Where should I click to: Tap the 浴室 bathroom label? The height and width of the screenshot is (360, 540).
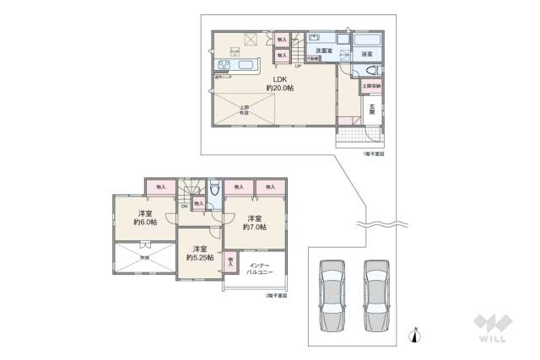[368, 54]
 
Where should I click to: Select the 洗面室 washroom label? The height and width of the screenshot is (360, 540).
[323, 51]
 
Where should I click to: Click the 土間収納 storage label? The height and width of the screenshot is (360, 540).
[371, 86]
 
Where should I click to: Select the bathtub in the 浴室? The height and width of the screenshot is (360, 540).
[367, 40]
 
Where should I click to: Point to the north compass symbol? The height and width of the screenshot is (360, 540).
[413, 336]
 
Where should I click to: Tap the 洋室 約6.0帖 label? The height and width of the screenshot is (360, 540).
[145, 218]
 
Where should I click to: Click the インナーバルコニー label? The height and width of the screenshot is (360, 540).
[257, 270]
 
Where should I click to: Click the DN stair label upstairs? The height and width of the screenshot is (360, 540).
[184, 207]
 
